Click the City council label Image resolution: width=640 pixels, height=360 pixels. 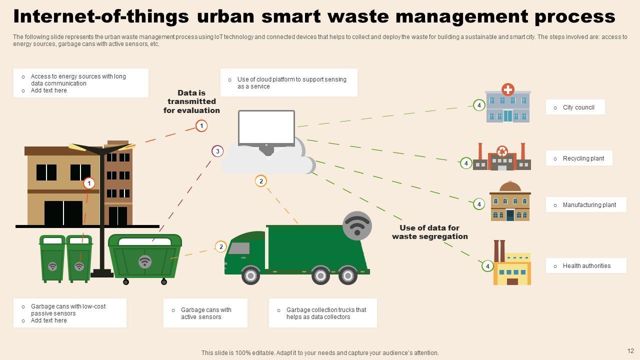coord(578,107)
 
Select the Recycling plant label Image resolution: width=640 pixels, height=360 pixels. coord(583,158)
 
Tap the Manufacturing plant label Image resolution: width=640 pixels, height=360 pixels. coord(589,205)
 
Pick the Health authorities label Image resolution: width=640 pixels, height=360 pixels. coord(586,266)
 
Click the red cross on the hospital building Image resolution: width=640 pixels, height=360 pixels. coord(508,89)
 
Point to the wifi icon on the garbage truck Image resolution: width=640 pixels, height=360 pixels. coord(357,225)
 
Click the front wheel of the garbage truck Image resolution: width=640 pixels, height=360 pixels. coord(250,275)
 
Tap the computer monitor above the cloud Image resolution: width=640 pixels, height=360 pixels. coord(266,127)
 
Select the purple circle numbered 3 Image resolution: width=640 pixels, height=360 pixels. coord(217,151)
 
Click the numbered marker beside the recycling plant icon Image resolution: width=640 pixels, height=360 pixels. coord(466,163)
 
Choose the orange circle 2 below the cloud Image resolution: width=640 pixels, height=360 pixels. coord(261,181)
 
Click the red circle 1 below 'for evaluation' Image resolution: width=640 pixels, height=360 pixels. coord(201,125)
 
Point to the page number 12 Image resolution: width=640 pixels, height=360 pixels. coord(630,351)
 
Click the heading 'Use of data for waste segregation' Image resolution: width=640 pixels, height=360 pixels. coord(429,232)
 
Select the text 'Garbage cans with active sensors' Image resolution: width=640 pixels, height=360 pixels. coord(206,313)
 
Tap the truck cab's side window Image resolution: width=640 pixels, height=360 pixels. coord(239,248)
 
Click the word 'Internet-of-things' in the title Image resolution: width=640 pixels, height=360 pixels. coord(101,16)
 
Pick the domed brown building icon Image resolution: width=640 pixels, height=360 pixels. coord(510,202)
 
